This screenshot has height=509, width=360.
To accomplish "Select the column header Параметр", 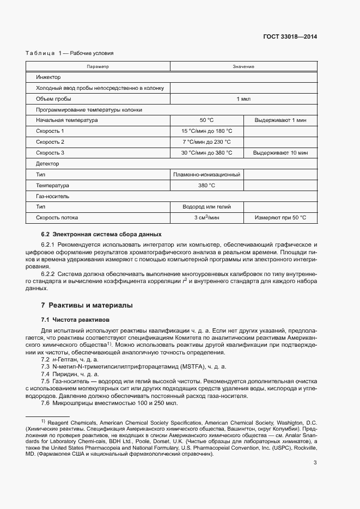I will [98, 66].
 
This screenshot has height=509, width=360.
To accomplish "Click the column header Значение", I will [243, 66].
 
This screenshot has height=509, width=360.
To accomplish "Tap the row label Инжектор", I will [48, 77].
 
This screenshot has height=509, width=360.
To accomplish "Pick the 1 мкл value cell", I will [243, 99].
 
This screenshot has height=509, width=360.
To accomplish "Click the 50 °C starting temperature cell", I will [206, 120].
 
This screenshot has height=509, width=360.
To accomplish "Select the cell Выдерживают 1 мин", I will [280, 120].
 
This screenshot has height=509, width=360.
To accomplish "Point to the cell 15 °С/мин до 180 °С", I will [206, 131].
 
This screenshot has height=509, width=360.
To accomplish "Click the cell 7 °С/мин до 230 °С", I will [206, 142].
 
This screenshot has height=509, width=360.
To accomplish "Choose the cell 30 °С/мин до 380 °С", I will [206, 153].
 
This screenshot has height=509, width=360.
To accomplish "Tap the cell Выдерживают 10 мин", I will [280, 153].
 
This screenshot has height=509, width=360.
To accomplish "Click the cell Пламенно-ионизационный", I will [206, 175].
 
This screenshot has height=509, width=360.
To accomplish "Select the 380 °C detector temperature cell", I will [206, 186].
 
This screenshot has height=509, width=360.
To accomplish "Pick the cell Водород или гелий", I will [206, 207].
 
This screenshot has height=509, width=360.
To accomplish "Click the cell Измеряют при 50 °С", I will [280, 218].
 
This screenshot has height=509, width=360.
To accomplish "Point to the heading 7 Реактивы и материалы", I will [87, 305].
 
